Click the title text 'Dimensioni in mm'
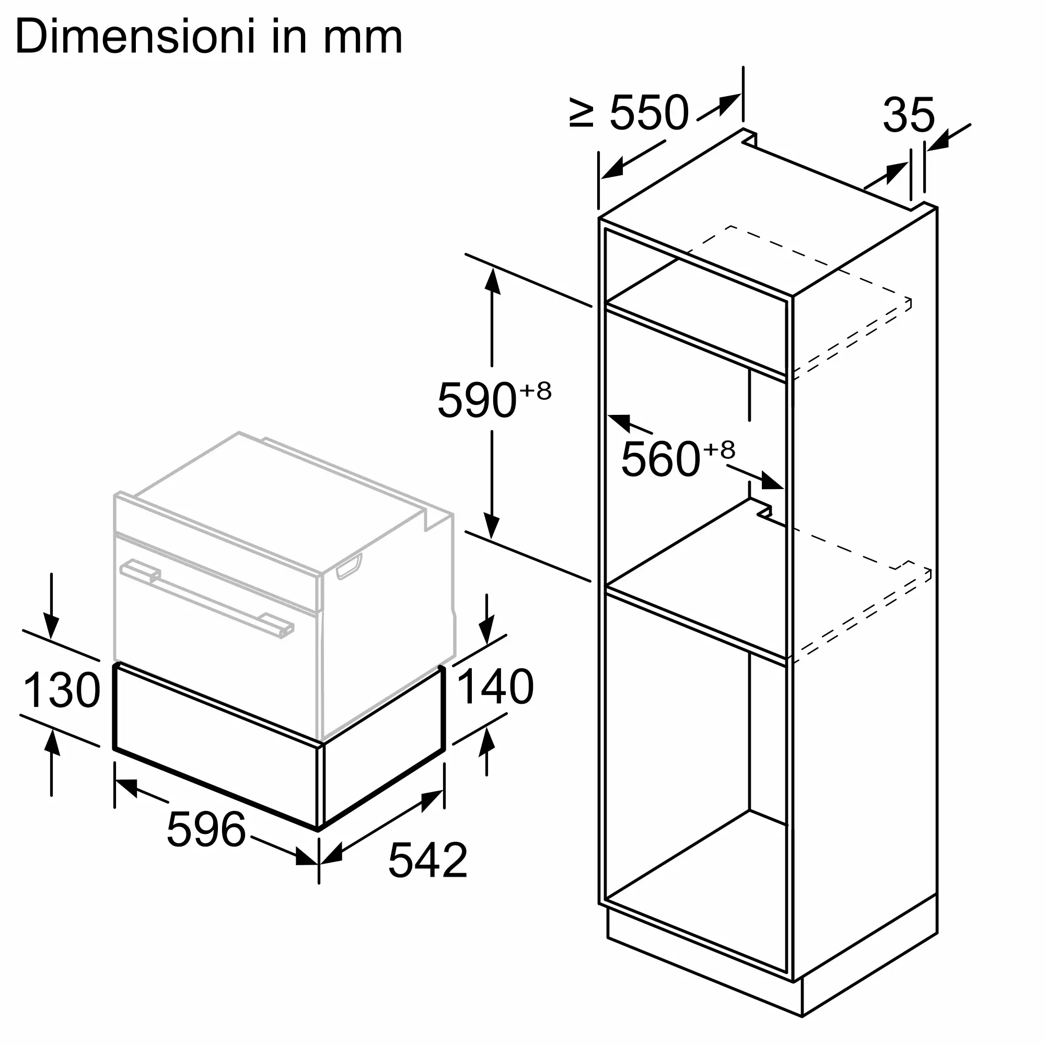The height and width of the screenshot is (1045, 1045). click(x=209, y=37)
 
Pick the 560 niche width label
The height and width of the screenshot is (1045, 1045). click(x=660, y=459)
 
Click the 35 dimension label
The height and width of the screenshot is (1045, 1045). click(x=909, y=114)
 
